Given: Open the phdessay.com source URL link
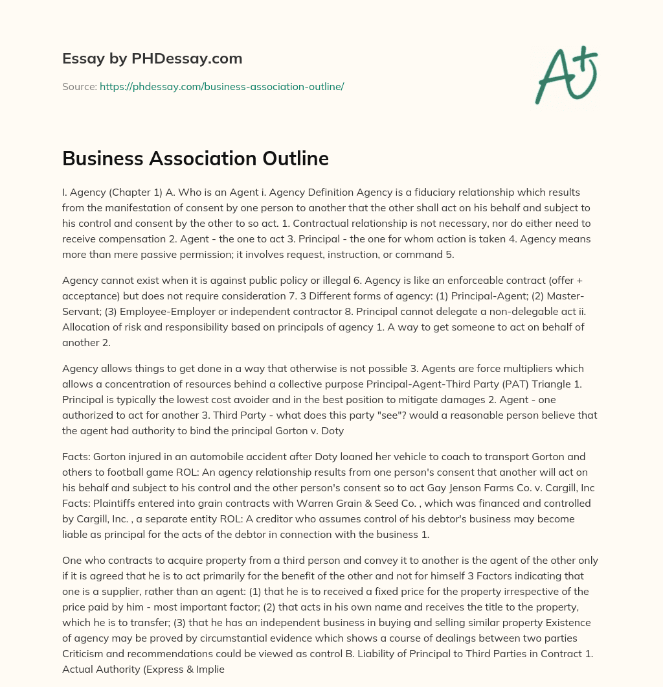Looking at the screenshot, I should tap(221, 86).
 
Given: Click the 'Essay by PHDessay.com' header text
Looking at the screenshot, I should tap(152, 59).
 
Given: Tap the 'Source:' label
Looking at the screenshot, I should tap(80, 86).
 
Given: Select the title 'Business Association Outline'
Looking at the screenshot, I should tap(196, 159).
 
